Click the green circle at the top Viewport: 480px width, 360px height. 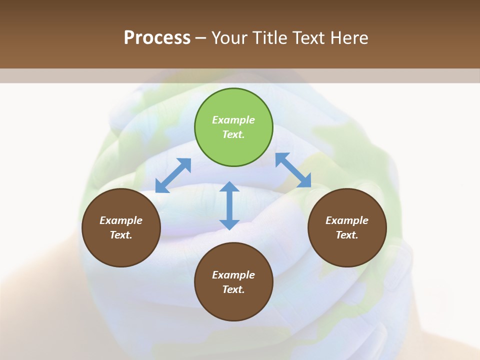tap(233, 127)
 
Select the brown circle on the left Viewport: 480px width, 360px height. tap(121, 227)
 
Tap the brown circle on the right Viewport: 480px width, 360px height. tap(347, 227)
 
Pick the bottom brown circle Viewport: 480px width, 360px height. tap(233, 282)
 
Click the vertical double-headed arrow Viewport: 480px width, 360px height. tap(229, 205)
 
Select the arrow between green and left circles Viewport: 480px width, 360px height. tap(173, 175)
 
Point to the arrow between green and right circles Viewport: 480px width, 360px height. tap(293, 170)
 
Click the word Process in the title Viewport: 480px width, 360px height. tap(157, 37)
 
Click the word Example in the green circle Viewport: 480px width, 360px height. tap(233, 120)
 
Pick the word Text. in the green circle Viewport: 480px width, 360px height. tap(233, 134)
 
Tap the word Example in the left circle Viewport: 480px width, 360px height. tap(121, 220)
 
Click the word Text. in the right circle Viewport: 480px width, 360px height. tap(347, 235)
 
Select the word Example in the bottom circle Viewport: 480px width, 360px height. tap(233, 275)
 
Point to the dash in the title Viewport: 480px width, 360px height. tap(200, 38)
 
